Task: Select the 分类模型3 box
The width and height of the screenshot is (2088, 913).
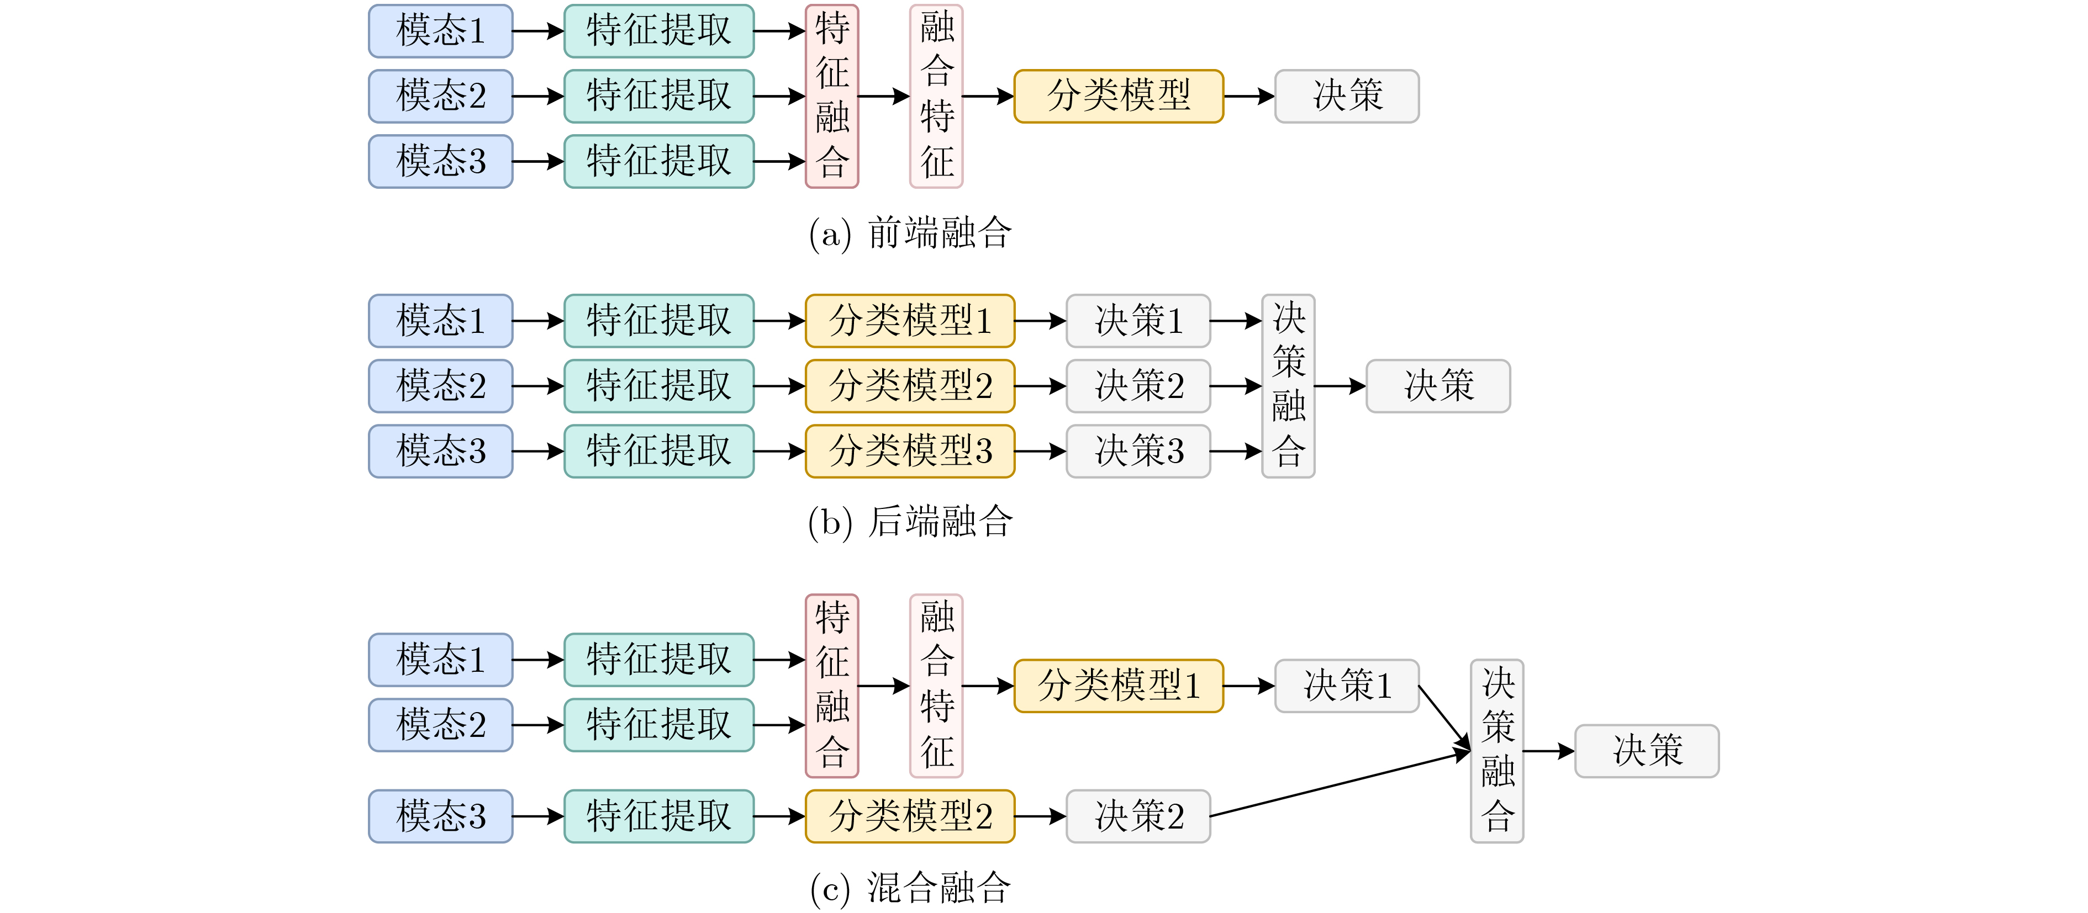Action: [x=909, y=451]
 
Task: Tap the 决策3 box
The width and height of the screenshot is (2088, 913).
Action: [x=1138, y=451]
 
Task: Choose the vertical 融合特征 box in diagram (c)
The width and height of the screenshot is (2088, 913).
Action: [x=936, y=686]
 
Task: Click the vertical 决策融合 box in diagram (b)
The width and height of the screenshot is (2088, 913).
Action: [x=1288, y=386]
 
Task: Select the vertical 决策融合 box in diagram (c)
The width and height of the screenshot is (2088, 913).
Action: [x=1497, y=751]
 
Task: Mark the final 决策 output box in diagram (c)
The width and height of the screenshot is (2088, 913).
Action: [x=1646, y=751]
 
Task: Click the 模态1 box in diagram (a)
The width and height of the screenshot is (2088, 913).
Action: [x=440, y=31]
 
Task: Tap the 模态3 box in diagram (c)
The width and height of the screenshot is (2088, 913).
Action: [x=440, y=816]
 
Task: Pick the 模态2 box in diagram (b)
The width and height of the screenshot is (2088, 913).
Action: [x=440, y=386]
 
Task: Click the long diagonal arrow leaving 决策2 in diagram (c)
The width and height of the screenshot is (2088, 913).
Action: [x=1337, y=784]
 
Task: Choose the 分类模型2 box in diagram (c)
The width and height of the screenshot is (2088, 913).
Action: [x=909, y=816]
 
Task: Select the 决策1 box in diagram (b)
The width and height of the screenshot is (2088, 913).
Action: [x=1138, y=321]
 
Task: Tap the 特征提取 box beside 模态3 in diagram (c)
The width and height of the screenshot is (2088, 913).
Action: [x=659, y=816]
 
